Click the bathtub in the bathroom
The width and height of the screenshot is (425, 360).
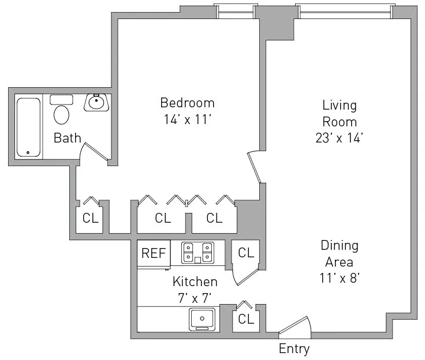click(28, 127)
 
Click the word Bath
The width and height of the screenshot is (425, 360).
click(67, 138)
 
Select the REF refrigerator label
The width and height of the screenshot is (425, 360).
click(154, 254)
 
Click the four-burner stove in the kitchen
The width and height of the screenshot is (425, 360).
click(197, 253)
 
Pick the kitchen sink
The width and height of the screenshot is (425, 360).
click(202, 318)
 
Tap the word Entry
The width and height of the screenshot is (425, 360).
click(294, 349)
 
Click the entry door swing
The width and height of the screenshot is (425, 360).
click(296, 328)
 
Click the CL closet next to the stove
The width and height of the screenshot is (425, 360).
click(246, 253)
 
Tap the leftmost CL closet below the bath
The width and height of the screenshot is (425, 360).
click(91, 219)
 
